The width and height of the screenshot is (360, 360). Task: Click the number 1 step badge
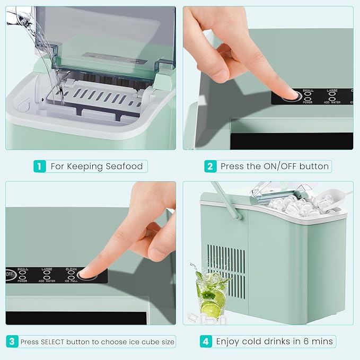pyautogui.click(x=39, y=166)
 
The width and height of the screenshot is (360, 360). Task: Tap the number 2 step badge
pyautogui.click(x=210, y=166)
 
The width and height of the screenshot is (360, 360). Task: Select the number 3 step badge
pyautogui.click(x=12, y=341)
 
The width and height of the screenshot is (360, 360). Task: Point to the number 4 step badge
pyautogui.click(x=206, y=341)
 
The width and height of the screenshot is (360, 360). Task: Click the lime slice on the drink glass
pyautogui.click(x=211, y=309)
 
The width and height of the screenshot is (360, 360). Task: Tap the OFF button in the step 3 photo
pyautogui.click(x=10, y=275)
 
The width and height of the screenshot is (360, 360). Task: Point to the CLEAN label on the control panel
pyautogui.click(x=71, y=269)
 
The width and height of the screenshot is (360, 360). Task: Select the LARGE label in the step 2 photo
pyautogui.click(x=332, y=91)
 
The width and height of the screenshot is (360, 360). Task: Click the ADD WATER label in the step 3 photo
pyautogui.click(x=46, y=281)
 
